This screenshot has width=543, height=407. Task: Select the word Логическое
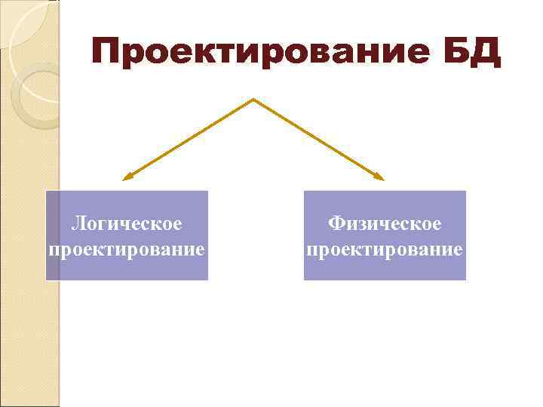pyautogui.click(x=126, y=224)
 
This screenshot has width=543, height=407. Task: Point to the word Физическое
pyautogui.click(x=385, y=224)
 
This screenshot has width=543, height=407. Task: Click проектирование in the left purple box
pyautogui.click(x=126, y=248)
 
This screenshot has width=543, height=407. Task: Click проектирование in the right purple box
pyautogui.click(x=385, y=248)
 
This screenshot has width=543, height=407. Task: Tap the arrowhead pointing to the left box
pyautogui.click(x=126, y=178)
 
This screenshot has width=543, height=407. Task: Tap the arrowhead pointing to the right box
pyautogui.click(x=380, y=178)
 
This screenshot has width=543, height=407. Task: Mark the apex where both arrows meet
pyautogui.click(x=253, y=99)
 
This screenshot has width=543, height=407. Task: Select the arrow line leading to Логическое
pyautogui.click(x=189, y=139)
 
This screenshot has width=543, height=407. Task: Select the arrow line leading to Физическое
pyautogui.click(x=317, y=139)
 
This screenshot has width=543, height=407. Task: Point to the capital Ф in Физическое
pyautogui.click(x=336, y=224)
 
